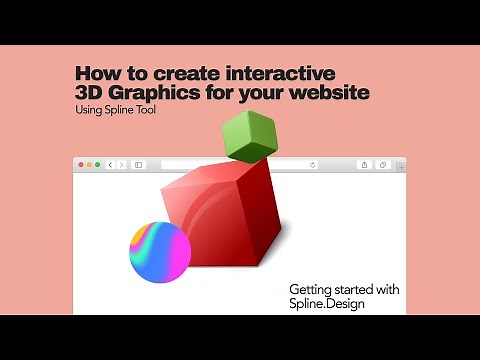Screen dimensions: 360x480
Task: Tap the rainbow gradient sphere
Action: pos(160,250)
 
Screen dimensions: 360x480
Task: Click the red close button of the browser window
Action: pos(81,164)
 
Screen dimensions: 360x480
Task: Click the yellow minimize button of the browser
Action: pos(89,164)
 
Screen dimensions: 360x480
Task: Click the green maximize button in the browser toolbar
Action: pos(97,164)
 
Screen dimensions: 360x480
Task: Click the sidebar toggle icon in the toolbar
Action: pos(138,164)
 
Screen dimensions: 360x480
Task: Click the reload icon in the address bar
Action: pos(313,164)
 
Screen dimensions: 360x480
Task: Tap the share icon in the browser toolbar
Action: pos(364,164)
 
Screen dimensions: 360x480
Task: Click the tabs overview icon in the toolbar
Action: pos(384,164)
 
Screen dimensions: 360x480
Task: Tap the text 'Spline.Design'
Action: pos(326,303)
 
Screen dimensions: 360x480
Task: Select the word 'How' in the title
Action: pos(96,75)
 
